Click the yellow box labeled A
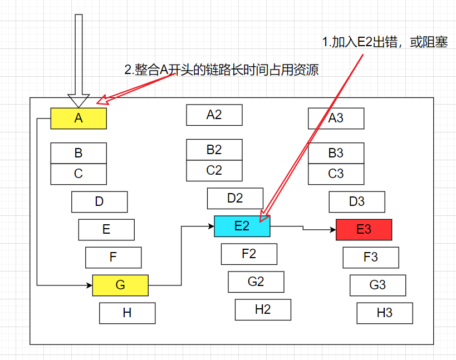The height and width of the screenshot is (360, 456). point(79,119)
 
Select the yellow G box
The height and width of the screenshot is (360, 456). point(120,285)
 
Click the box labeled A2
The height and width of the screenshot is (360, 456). point(214,115)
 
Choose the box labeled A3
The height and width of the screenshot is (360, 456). point(336,119)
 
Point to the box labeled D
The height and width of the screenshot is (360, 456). point(99,202)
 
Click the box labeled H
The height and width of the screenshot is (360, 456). point(127,313)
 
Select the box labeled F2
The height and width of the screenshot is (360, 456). point(249,254)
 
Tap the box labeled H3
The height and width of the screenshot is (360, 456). point(385,313)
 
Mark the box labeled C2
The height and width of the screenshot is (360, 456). point(214,171)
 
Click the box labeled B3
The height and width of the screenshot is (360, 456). point(336,153)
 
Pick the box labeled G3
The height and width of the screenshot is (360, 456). point(377,285)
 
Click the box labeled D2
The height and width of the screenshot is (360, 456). point(235,199)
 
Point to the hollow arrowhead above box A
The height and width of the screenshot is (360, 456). point(79,100)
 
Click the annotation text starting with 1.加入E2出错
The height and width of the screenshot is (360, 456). point(385,43)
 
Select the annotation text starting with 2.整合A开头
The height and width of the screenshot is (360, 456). point(221,70)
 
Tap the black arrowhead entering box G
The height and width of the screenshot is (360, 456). point(89,285)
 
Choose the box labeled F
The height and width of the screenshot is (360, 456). point(113,258)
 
